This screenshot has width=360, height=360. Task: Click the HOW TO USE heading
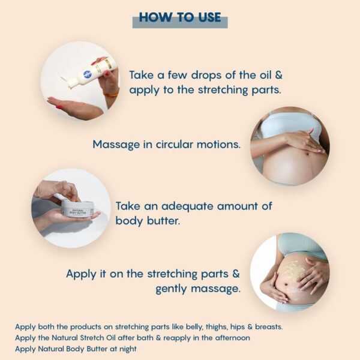point(180,17)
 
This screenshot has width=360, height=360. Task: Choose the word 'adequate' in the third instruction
point(199,206)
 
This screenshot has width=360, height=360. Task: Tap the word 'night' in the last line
point(126,349)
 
